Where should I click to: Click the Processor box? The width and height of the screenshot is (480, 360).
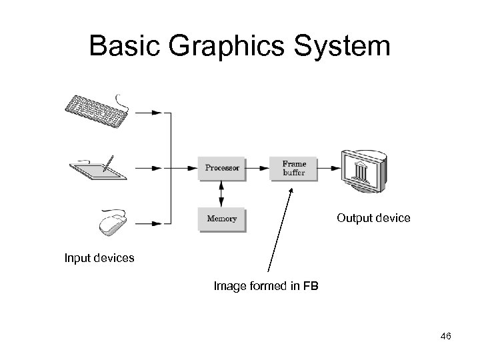(223, 168)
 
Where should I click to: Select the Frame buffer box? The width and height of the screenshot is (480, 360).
(293, 168)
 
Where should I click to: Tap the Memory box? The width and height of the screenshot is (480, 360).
(223, 218)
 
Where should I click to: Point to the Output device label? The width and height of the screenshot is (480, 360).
(373, 218)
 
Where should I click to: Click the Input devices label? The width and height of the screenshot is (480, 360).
(99, 257)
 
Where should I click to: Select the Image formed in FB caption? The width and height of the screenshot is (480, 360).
(266, 287)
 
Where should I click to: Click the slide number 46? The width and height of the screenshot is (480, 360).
(445, 337)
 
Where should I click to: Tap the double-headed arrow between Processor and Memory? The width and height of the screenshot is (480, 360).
(222, 193)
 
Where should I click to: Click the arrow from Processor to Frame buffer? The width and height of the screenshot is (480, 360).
(259, 168)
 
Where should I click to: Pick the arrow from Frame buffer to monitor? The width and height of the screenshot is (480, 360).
(328, 168)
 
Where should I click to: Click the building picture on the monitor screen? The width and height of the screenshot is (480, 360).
(363, 171)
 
